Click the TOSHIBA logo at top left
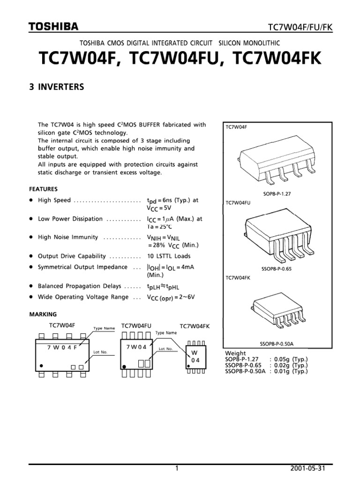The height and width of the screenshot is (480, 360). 53,27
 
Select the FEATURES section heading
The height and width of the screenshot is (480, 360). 44,189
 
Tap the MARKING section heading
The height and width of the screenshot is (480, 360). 43,314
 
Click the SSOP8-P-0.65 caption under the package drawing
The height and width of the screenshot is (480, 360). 277,269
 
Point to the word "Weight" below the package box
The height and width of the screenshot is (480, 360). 236,353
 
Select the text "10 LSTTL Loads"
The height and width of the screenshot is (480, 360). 169,256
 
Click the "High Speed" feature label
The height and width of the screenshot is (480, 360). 54,200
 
